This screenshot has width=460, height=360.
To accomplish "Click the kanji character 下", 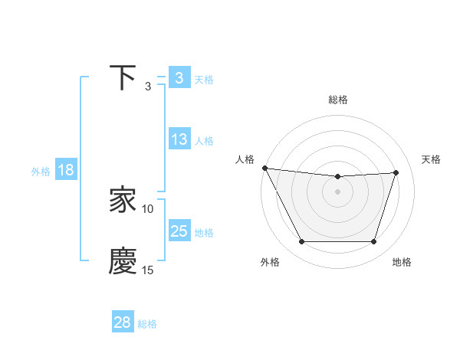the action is [123, 78].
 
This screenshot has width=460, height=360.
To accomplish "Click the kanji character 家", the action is [123, 201].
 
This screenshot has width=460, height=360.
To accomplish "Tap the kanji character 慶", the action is [123, 261].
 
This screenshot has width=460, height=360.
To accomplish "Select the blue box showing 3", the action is [179, 78].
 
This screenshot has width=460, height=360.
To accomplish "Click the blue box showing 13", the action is [179, 139].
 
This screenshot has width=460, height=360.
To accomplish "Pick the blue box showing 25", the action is [179, 231].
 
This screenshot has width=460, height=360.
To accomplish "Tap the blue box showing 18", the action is [66, 170].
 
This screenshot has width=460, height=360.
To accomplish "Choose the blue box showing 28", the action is [123, 322].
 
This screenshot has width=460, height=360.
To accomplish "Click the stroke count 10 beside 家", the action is [148, 208].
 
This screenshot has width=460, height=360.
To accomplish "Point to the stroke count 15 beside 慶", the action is [148, 270].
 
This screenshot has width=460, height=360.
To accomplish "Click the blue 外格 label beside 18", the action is [41, 172].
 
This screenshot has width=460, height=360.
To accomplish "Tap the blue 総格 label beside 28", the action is [147, 324].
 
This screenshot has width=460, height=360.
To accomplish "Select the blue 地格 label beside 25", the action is [204, 233].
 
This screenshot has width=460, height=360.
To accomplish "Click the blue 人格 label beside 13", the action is [204, 141].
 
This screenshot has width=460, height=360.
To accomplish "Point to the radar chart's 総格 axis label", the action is [338, 100].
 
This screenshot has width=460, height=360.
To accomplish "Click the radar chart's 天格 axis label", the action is [432, 159].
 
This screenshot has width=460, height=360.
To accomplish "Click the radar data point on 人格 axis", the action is [265, 168].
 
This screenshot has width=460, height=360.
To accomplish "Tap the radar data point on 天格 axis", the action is [396, 172].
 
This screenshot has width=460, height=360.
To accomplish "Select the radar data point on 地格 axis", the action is [374, 242].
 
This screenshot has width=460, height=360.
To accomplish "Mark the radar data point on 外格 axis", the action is [301, 242].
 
